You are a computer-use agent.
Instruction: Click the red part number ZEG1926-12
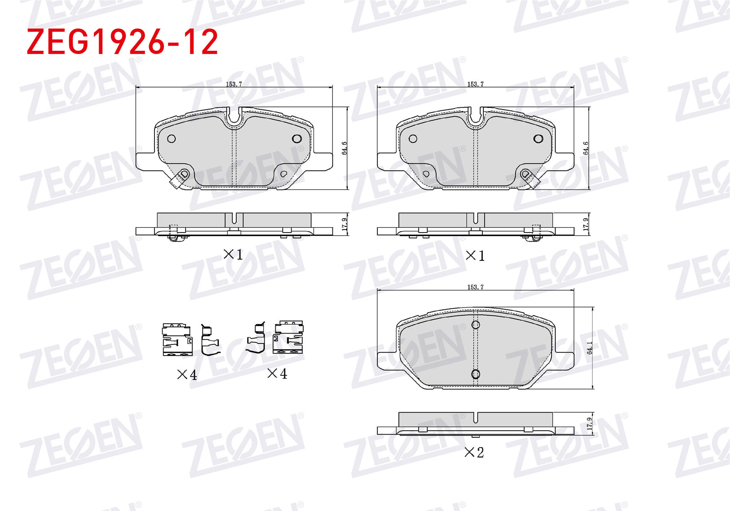[122, 41]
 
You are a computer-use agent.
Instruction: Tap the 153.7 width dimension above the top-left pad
[234, 84]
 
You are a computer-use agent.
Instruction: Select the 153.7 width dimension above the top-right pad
[475, 84]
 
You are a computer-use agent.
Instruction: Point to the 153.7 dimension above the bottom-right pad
[475, 287]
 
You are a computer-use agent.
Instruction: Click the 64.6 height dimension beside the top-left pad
[345, 148]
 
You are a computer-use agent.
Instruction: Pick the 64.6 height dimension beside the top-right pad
[586, 148]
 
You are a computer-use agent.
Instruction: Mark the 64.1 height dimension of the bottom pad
[589, 348]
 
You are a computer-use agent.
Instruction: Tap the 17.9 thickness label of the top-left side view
[345, 225]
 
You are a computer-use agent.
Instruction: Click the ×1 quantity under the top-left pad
[233, 254]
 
